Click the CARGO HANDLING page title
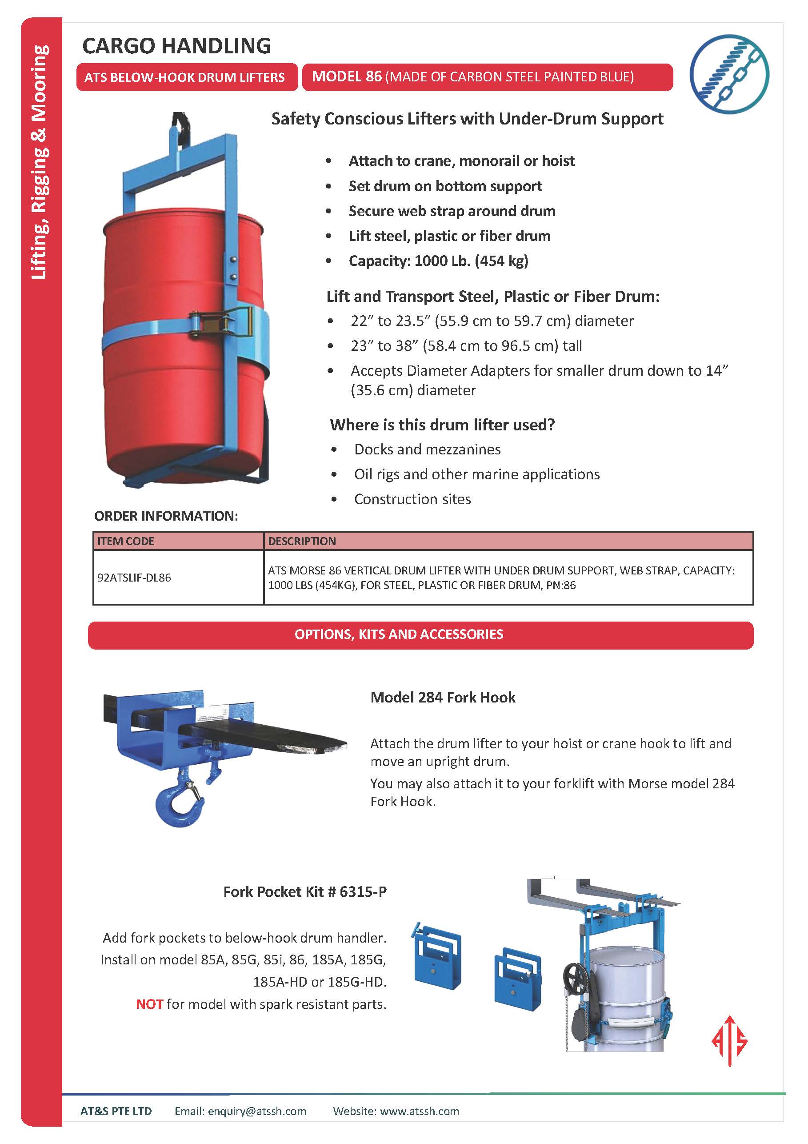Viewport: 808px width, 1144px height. (176, 46)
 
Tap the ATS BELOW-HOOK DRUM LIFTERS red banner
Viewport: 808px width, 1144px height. (184, 77)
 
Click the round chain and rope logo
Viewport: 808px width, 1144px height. (729, 74)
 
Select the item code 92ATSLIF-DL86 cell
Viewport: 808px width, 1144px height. (134, 578)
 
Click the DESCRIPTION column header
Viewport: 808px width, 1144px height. (302, 541)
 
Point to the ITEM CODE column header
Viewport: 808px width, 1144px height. (125, 541)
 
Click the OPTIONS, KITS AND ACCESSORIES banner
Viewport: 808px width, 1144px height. (399, 634)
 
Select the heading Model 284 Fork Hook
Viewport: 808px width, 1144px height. (442, 697)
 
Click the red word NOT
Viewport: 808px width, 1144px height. (149, 1004)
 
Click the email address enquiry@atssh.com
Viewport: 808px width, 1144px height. (256, 1111)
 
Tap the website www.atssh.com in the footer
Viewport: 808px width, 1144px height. (420, 1111)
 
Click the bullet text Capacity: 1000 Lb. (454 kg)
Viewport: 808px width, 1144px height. (438, 261)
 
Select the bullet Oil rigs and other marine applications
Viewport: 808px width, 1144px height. (477, 474)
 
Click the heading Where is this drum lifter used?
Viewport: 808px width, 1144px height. (442, 425)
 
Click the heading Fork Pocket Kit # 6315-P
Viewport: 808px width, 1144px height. (304, 891)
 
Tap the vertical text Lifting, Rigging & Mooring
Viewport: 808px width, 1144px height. (40, 162)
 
